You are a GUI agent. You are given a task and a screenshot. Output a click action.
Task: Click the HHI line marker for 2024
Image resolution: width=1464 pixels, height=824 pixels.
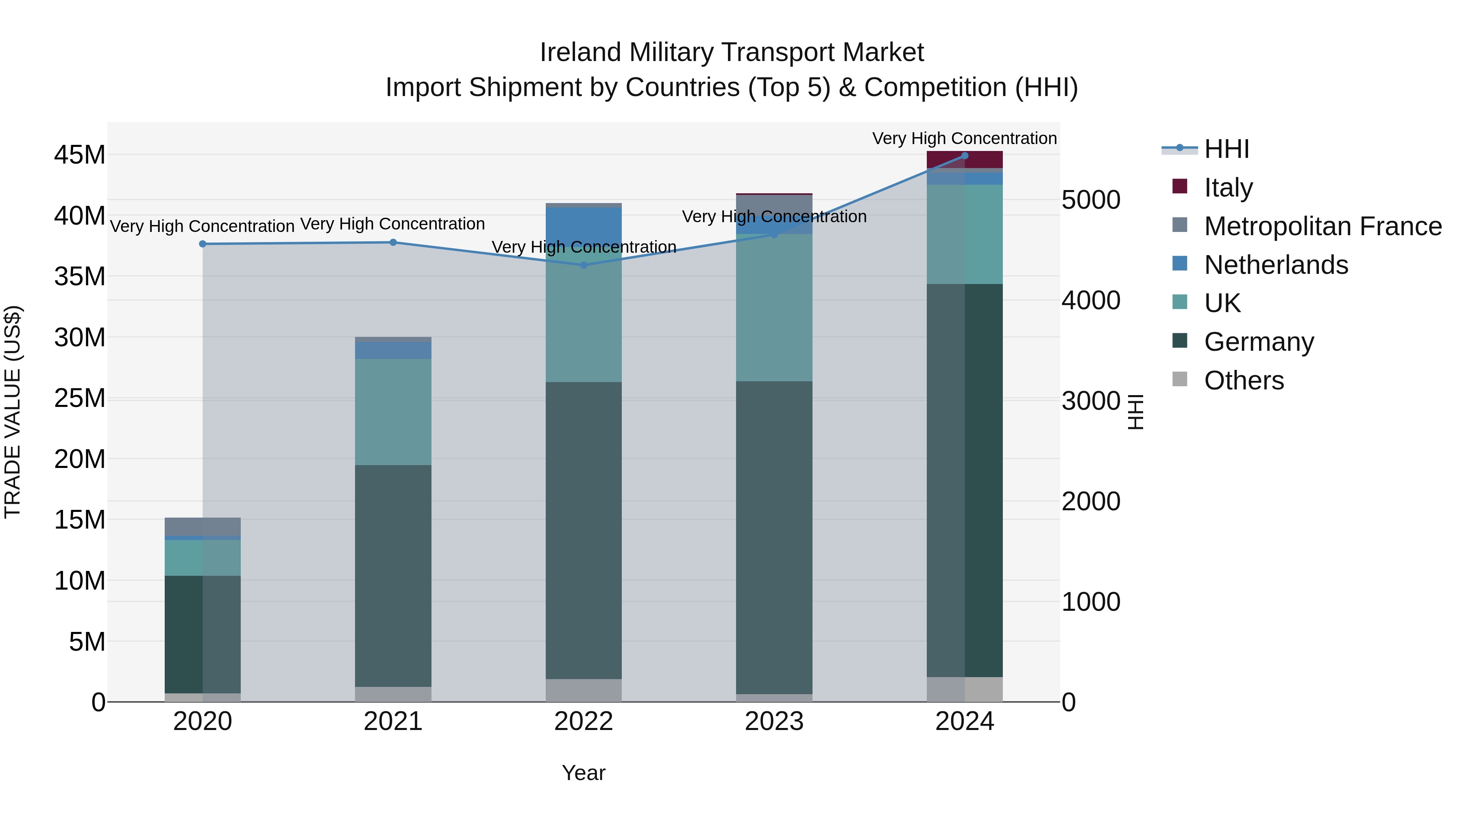point(965,155)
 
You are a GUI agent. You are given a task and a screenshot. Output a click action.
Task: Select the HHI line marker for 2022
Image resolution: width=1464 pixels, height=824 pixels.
point(584,265)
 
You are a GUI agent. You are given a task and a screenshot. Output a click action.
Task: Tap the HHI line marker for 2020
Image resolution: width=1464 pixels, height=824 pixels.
point(203,244)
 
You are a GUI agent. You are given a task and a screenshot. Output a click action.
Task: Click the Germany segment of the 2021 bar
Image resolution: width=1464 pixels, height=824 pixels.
point(393,575)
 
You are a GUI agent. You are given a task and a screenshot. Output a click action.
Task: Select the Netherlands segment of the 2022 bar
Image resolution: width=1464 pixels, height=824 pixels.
point(584,225)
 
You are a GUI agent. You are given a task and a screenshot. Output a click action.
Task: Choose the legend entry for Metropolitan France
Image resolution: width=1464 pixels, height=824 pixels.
point(1322,226)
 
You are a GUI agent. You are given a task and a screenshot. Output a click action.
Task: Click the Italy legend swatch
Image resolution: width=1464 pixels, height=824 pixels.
point(1180,186)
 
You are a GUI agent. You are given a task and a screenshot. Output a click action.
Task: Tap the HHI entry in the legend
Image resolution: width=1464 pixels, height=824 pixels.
point(1227,149)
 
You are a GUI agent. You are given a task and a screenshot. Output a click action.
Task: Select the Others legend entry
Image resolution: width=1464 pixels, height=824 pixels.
point(1244,380)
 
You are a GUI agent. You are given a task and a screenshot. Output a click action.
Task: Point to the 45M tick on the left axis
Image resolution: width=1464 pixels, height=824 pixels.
point(80,155)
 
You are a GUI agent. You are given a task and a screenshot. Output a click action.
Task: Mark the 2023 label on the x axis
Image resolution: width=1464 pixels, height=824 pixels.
point(773,721)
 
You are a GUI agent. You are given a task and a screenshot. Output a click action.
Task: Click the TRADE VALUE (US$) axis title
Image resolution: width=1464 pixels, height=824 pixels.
point(13,412)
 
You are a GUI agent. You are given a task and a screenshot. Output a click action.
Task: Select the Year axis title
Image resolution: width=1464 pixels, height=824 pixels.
point(584,773)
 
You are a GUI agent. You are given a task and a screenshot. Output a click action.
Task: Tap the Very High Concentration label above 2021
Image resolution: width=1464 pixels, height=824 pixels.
point(393,224)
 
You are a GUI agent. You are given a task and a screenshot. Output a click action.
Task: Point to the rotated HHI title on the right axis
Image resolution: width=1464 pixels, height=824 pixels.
point(1135,412)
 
